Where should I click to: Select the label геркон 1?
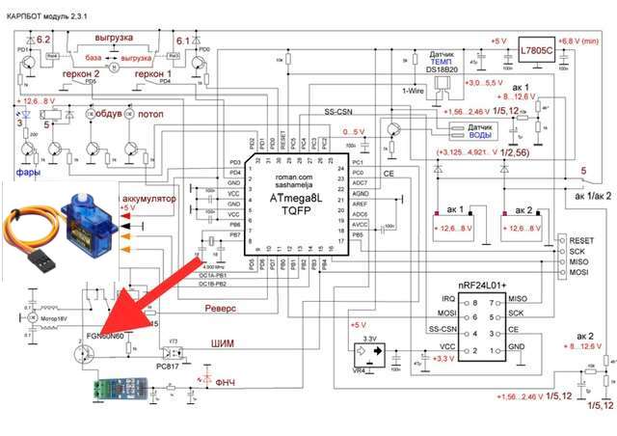tap(153, 73)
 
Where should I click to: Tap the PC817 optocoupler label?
tap(180, 367)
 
